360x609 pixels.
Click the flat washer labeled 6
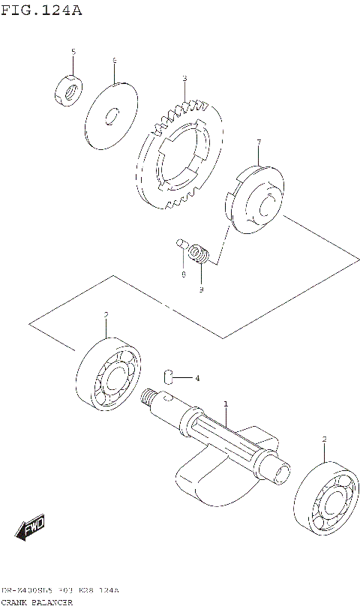click(110, 117)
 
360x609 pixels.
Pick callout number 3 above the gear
click(184, 79)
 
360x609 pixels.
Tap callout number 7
click(258, 142)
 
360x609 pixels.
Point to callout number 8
click(181, 274)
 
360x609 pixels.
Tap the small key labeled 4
click(170, 376)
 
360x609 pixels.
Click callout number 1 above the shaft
click(226, 405)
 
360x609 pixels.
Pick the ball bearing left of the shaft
click(109, 376)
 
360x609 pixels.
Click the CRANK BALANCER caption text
click(37, 601)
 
